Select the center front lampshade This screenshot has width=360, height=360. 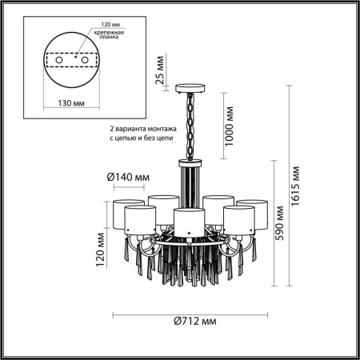click(x=186, y=220)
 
